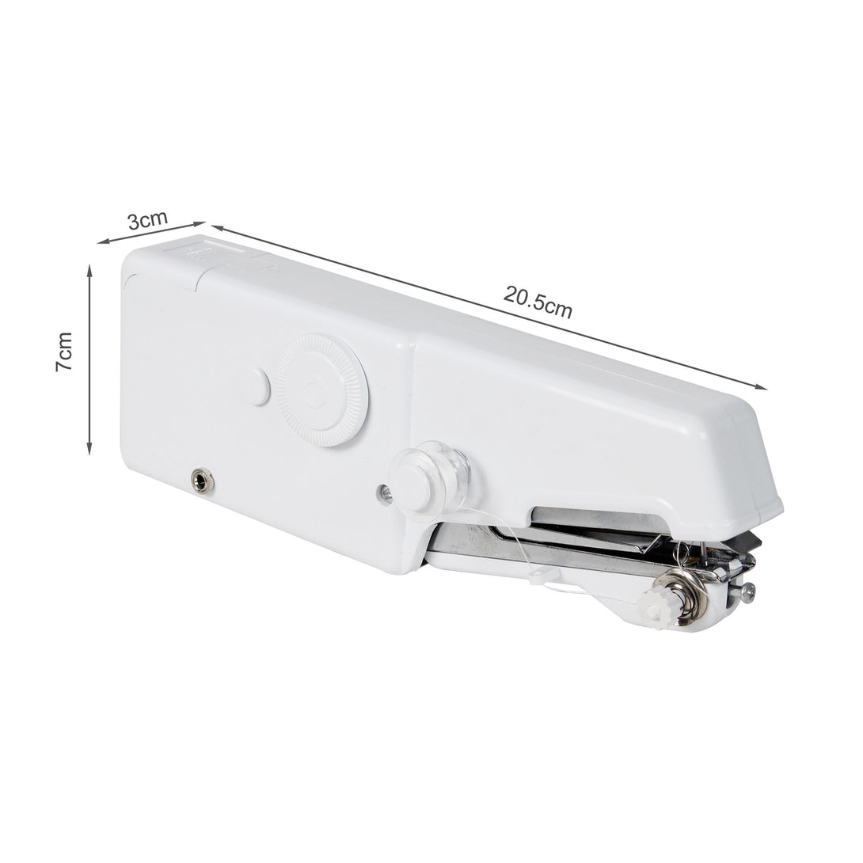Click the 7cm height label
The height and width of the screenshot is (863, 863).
point(64,352)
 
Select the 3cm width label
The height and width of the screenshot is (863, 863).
point(147,220)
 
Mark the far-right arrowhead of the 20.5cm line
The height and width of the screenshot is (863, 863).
point(761,386)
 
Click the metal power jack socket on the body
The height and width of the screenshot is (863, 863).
point(200,479)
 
